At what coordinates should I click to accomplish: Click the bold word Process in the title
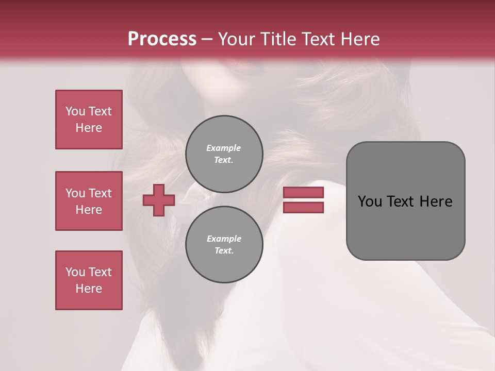click(x=162, y=39)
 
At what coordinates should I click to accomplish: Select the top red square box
click(x=89, y=120)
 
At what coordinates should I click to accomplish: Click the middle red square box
click(x=89, y=201)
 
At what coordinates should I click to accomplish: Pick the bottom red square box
click(x=89, y=280)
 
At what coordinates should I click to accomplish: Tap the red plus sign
click(x=159, y=200)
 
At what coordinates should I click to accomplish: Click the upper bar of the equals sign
click(x=303, y=192)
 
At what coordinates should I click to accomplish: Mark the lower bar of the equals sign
click(x=303, y=207)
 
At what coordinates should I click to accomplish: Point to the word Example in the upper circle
click(x=224, y=148)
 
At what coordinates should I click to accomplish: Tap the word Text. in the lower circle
click(x=224, y=250)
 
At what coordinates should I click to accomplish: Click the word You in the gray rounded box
click(x=370, y=201)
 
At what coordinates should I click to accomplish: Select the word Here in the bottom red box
click(x=89, y=289)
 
